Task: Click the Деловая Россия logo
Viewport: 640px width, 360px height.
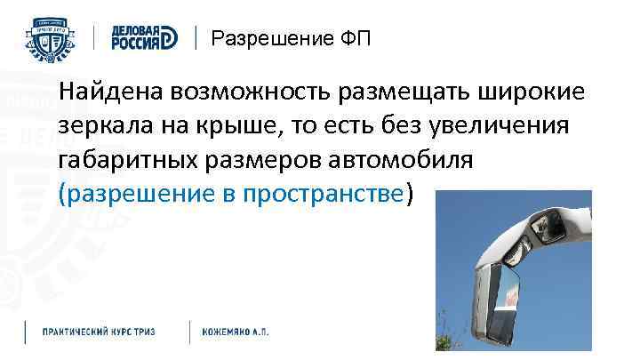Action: coord(141,38)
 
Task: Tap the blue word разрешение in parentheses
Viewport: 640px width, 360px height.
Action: coord(132,195)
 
